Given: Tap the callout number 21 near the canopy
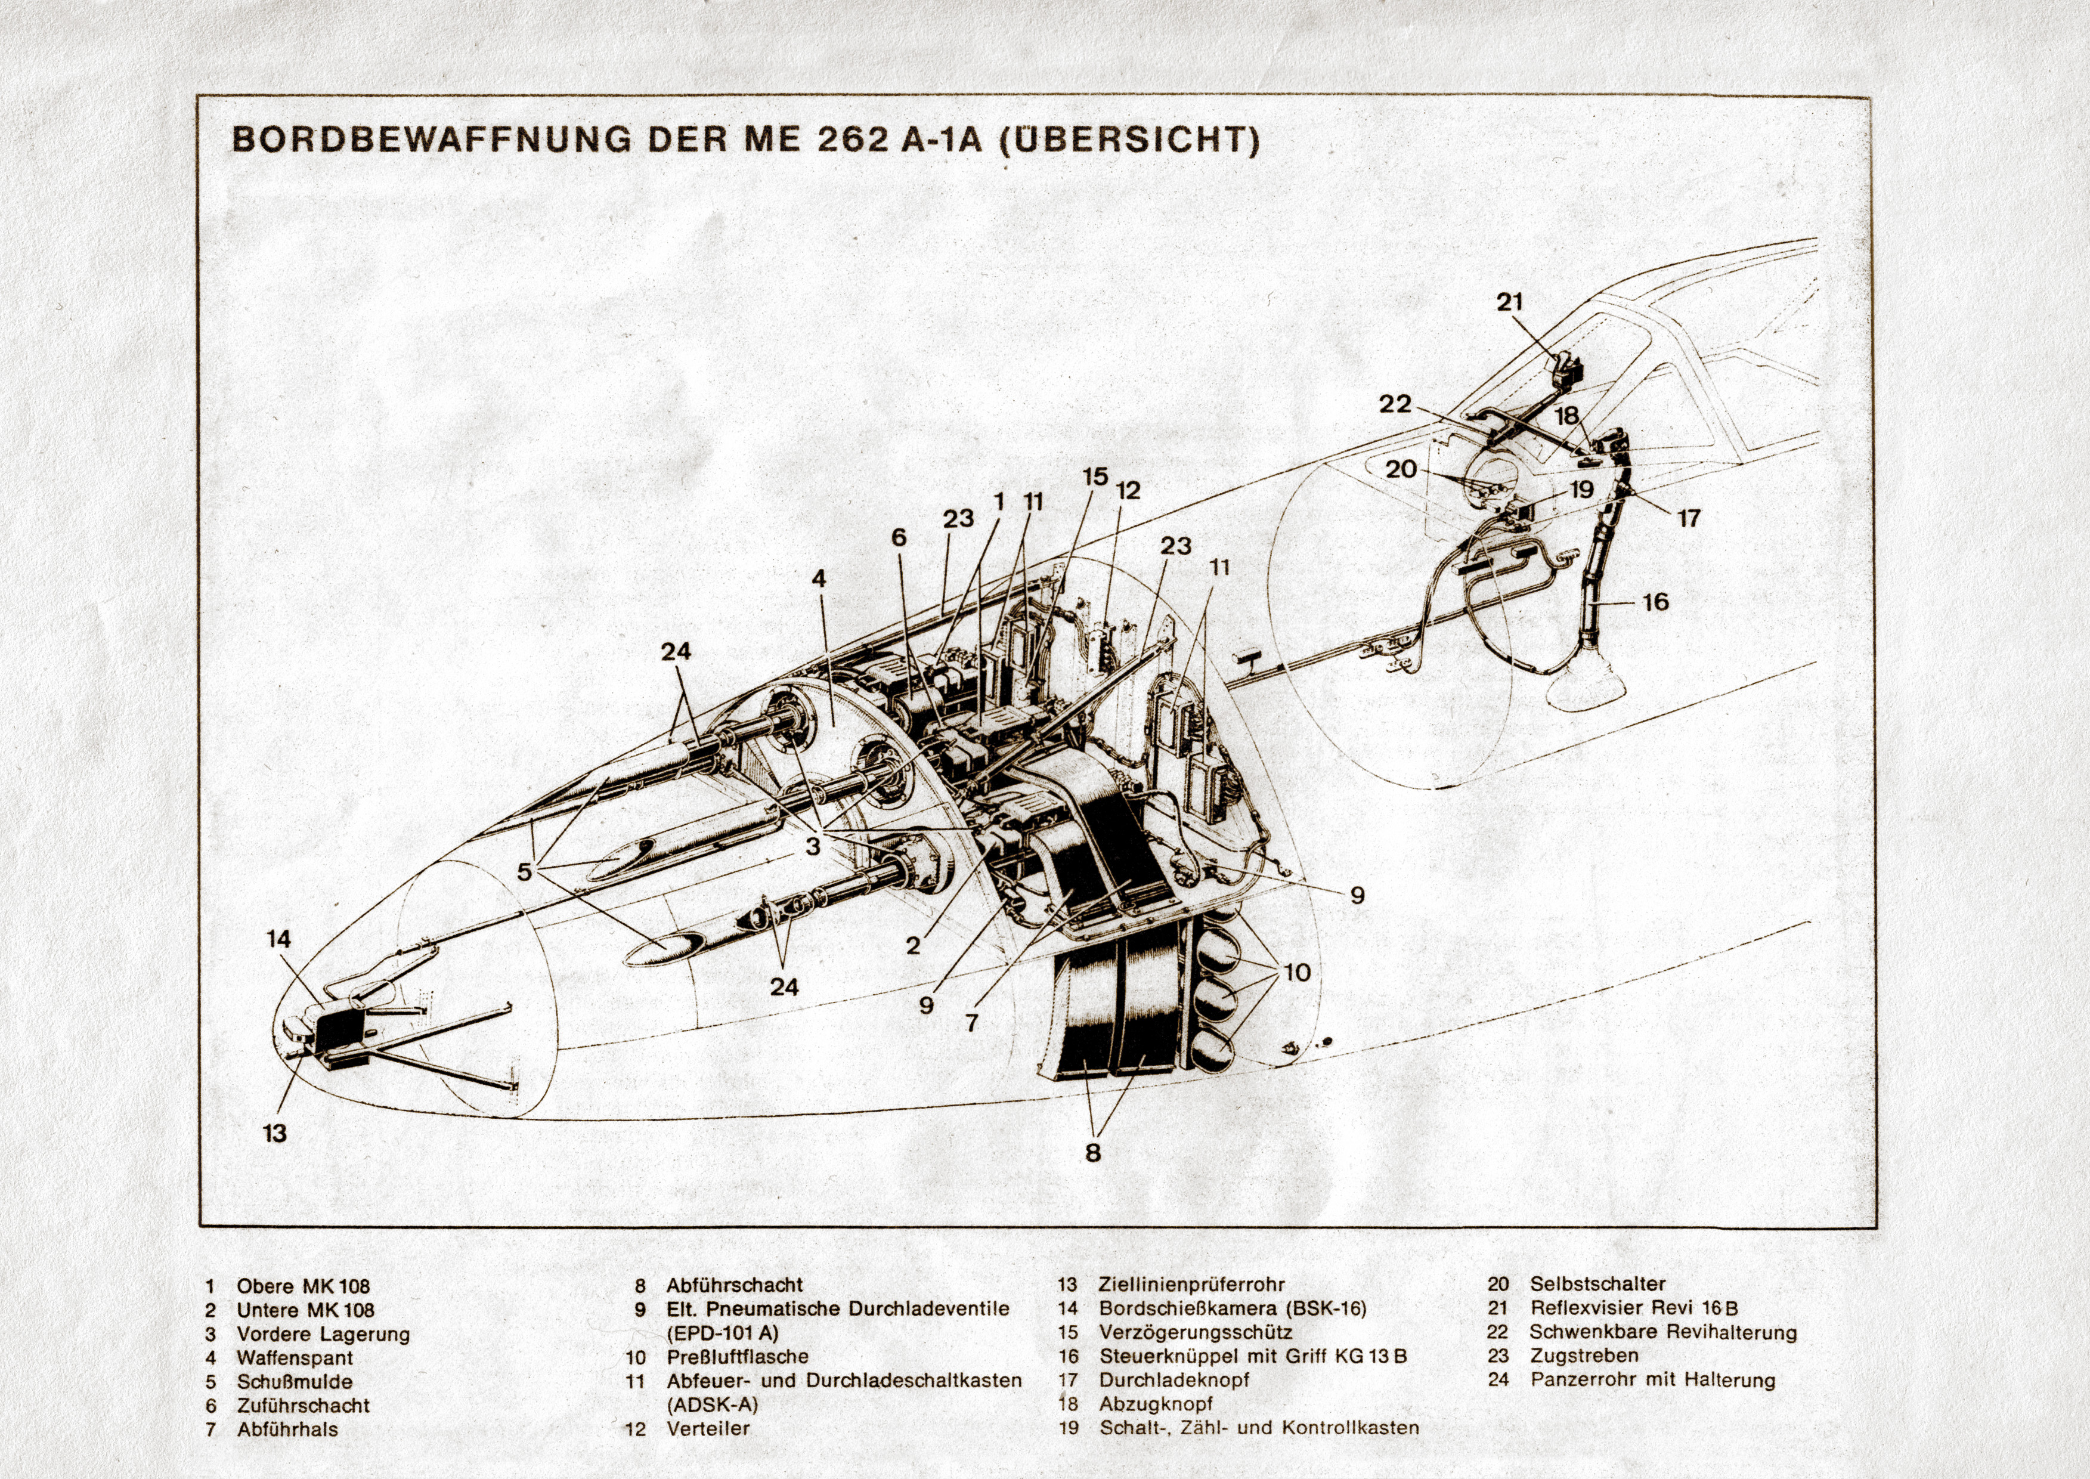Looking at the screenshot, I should [1509, 302].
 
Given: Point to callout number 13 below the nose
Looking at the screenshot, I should [274, 1134].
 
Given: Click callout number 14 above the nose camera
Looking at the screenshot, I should [278, 939].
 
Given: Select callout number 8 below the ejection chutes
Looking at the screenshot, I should [1093, 1153].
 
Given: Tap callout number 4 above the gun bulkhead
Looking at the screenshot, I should [819, 578].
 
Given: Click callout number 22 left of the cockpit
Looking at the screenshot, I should [1394, 404].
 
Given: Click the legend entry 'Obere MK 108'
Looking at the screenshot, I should [304, 1286].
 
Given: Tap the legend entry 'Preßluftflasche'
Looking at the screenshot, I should [737, 1357].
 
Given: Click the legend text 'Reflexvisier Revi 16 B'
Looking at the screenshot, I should [1634, 1308].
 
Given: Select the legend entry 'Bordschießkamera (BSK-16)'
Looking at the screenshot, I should [1232, 1308].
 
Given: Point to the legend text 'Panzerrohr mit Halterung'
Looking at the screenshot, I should [1652, 1380].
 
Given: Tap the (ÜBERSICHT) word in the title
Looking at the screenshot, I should [1129, 140].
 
